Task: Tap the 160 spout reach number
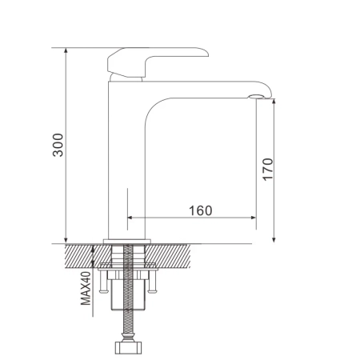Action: tap(200, 210)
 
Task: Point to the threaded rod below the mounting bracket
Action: tap(126, 324)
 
